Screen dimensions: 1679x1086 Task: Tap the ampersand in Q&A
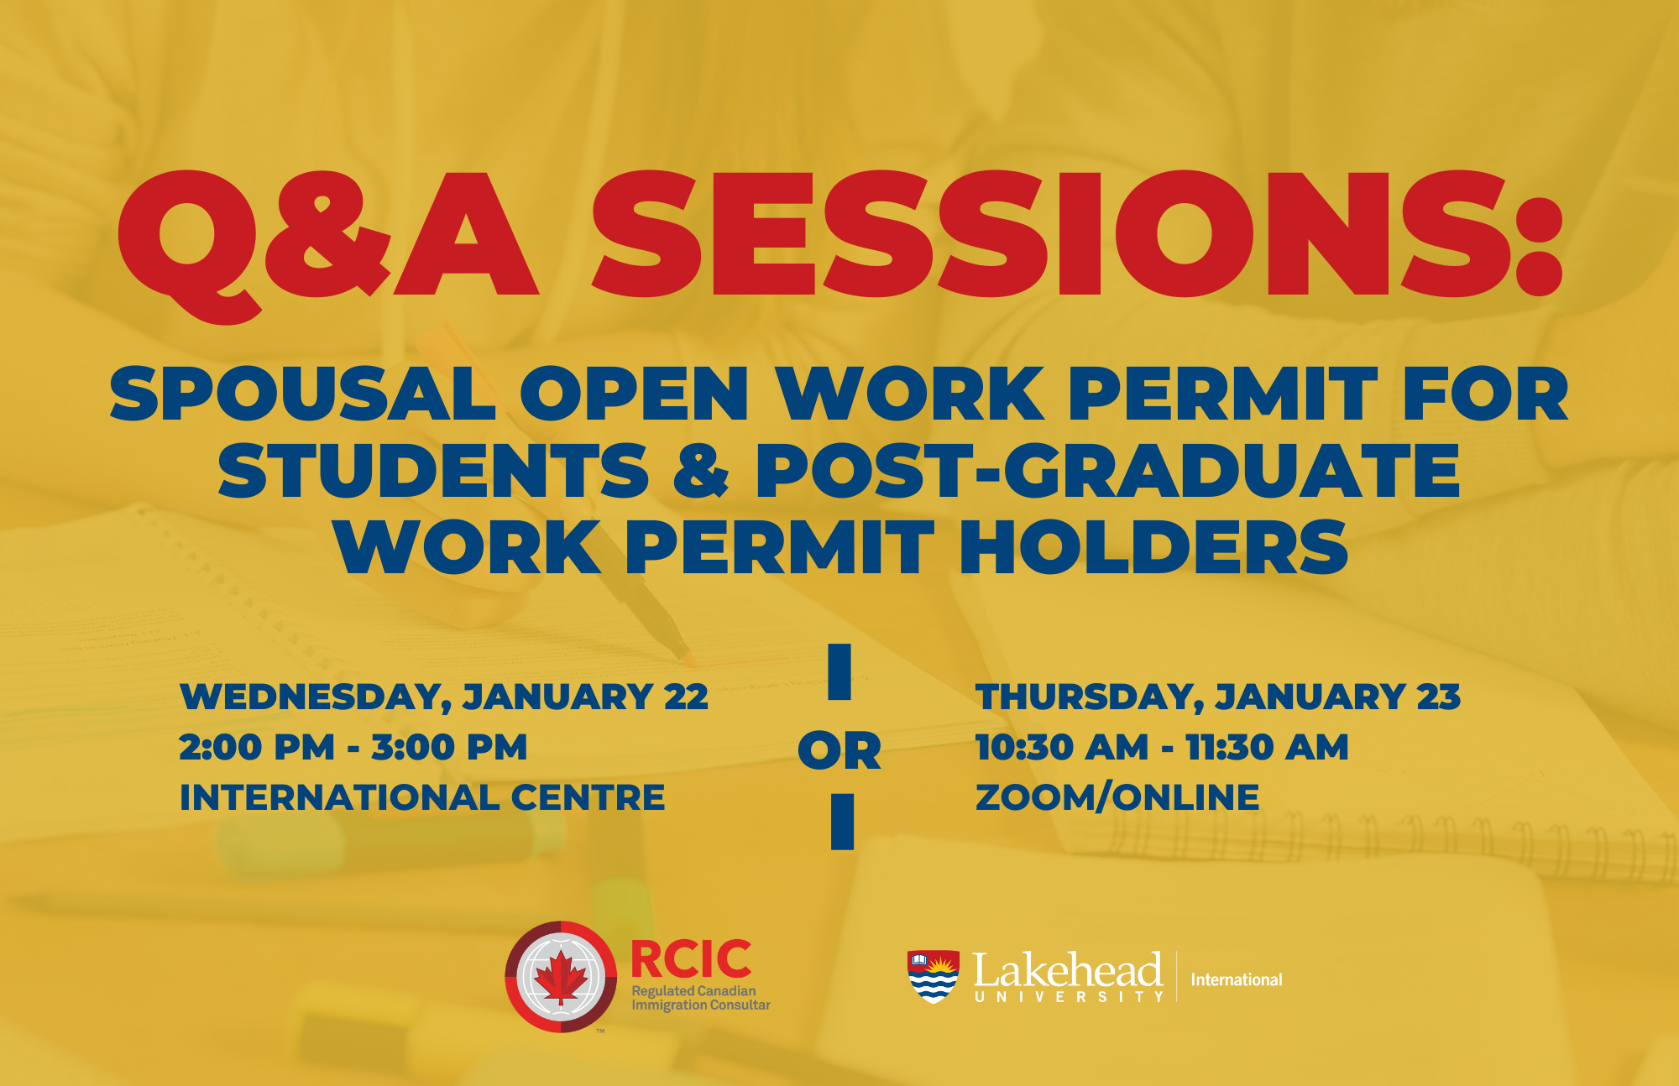[327, 233]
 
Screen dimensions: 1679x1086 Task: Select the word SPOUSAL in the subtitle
[303, 394]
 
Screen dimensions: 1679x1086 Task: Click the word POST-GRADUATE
[1107, 470]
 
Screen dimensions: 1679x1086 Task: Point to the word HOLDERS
[1154, 547]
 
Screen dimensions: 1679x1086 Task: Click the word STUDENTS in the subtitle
[433, 470]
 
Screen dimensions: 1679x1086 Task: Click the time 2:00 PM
[257, 747]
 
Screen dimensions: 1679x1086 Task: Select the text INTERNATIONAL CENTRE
[422, 797]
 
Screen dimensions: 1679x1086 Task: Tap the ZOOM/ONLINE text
[1117, 797]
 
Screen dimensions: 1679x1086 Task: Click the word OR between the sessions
[839, 750]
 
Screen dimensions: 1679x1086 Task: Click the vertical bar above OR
[839, 671]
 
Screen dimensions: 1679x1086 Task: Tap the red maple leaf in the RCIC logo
[561, 979]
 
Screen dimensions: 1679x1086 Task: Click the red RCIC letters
[691, 959]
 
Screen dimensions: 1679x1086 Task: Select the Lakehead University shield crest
[933, 976]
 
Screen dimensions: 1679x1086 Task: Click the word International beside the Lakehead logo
[1236, 979]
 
